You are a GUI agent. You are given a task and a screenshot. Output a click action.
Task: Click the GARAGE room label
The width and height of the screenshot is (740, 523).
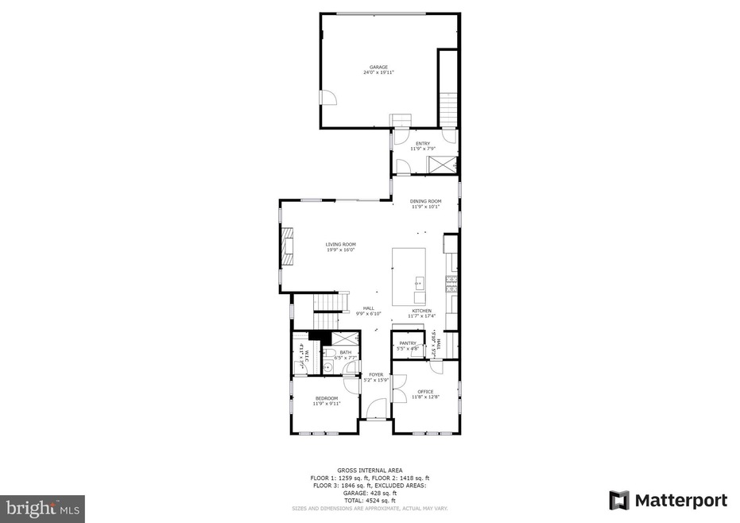378,67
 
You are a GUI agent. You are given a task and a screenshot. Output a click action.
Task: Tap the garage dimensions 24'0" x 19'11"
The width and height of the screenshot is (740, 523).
378,72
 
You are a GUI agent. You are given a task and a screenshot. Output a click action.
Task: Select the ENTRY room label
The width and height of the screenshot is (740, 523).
422,143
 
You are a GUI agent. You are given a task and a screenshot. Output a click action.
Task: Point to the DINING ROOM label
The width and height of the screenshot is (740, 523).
425,201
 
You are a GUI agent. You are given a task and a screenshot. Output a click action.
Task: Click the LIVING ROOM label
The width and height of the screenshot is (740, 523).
340,244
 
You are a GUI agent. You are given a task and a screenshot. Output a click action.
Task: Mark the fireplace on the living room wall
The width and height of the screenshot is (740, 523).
285,247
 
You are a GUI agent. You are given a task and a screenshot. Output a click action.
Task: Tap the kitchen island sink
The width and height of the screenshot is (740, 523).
418,282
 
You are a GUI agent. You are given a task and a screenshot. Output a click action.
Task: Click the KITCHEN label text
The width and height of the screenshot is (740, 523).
421,311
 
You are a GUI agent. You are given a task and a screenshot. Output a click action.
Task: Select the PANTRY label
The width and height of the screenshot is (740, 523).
408,343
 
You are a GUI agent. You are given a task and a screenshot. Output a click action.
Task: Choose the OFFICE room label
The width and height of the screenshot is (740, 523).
425,392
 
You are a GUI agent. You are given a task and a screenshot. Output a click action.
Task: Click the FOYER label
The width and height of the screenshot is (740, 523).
376,374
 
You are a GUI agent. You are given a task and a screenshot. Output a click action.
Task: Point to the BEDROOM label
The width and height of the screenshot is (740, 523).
327,398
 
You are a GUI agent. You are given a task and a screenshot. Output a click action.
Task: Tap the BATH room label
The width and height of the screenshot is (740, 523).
345,352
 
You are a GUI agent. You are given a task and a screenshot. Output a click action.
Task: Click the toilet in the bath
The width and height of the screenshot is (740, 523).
328,366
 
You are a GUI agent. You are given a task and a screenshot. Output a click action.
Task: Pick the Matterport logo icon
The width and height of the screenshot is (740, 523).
619,500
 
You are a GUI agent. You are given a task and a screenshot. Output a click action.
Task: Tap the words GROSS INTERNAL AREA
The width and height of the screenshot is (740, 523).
370,471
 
